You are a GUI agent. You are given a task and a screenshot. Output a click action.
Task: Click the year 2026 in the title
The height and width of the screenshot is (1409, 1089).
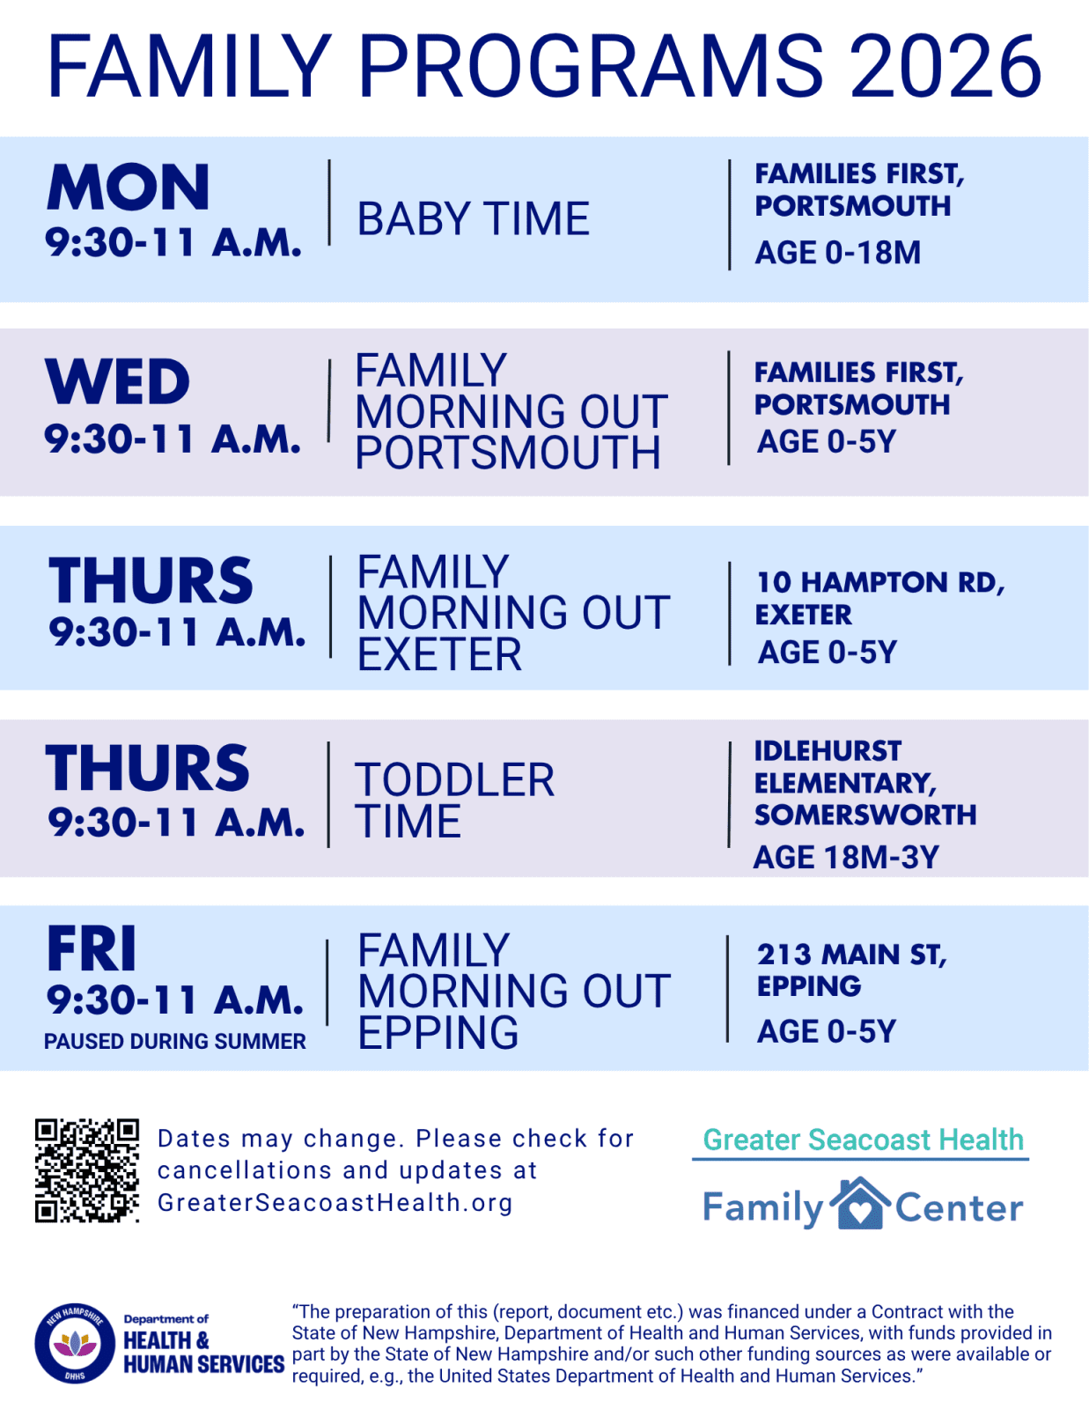click(x=946, y=66)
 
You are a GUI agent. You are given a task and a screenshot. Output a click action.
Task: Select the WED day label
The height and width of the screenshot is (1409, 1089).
click(x=117, y=381)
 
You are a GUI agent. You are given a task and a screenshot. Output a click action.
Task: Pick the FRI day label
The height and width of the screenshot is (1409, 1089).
click(x=92, y=948)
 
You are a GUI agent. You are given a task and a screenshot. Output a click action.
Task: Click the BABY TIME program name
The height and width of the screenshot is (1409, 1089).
click(x=474, y=218)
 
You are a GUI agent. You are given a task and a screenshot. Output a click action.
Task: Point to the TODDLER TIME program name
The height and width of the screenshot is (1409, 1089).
click(x=454, y=800)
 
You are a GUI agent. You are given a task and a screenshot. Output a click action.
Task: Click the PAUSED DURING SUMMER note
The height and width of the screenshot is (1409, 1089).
click(x=175, y=1042)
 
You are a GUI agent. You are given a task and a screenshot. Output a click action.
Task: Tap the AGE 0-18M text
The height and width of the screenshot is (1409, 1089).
click(x=837, y=252)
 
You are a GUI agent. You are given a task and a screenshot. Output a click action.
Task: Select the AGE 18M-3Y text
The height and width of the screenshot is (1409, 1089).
click(x=846, y=857)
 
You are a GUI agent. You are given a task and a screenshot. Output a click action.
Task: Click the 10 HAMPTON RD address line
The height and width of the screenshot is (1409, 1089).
click(x=880, y=582)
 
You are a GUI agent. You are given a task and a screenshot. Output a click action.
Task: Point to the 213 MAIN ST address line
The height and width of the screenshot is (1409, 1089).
click(x=852, y=955)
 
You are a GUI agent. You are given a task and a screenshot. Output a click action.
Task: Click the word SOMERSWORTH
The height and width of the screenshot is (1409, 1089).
click(x=865, y=815)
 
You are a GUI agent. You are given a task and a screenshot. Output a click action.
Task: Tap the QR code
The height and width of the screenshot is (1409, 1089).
click(x=87, y=1170)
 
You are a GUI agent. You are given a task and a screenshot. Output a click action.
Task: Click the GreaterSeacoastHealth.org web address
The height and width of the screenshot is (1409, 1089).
click(x=335, y=1203)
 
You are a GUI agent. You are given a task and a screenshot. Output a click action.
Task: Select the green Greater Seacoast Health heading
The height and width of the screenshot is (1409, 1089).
click(x=864, y=1140)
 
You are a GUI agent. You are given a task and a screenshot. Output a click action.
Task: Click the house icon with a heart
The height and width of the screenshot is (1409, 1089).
click(x=859, y=1204)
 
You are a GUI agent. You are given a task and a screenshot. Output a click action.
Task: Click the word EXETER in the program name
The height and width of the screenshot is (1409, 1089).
click(x=439, y=654)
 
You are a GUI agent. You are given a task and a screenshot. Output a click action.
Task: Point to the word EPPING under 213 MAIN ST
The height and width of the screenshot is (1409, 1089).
click(x=809, y=986)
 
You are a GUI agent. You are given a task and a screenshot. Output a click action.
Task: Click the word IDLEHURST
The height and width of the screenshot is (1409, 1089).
click(x=828, y=751)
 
